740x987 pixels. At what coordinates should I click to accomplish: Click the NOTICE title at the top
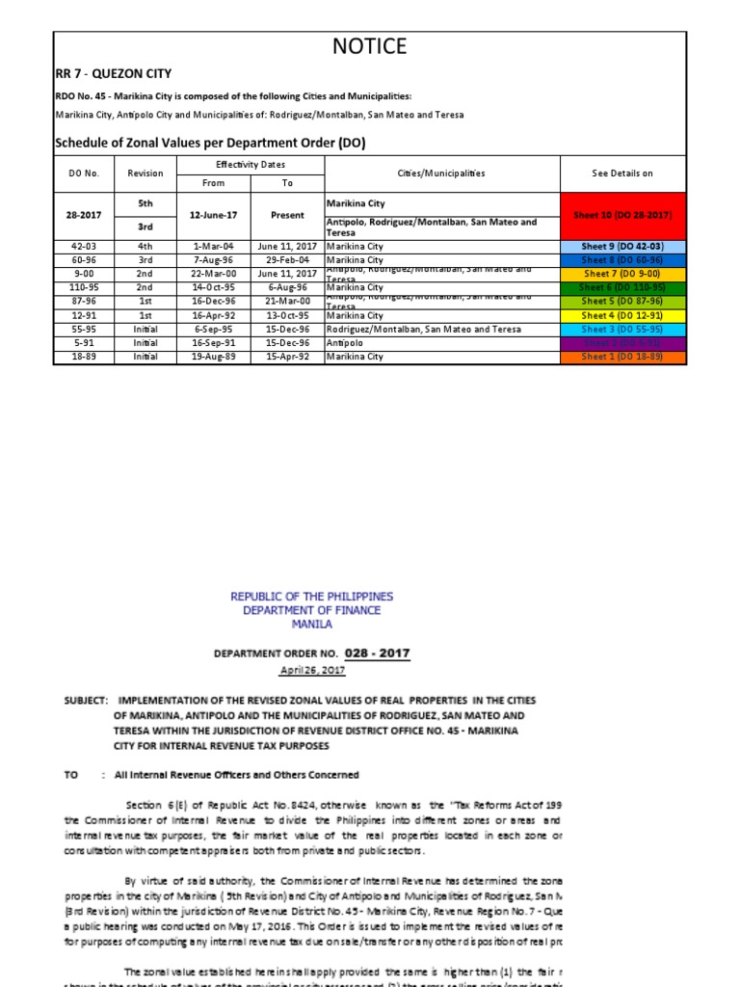(x=370, y=46)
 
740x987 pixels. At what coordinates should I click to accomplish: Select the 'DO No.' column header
(x=84, y=173)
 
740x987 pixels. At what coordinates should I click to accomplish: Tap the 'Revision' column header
(x=145, y=173)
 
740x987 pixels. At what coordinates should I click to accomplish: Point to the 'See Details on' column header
(x=622, y=173)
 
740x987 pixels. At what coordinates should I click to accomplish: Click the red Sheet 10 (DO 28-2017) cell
(x=622, y=215)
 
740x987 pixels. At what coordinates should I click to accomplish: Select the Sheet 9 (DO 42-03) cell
(x=622, y=247)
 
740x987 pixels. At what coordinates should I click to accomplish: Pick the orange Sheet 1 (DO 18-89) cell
(x=622, y=357)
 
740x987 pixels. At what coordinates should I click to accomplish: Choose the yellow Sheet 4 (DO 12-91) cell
(x=622, y=315)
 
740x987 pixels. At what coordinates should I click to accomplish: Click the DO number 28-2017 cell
(x=84, y=216)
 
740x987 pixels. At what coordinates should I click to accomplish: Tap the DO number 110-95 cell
(x=84, y=288)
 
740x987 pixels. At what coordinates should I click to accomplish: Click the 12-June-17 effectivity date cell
(x=213, y=216)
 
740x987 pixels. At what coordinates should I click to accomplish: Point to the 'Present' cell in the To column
(x=287, y=216)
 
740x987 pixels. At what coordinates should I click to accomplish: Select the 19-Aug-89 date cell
(x=213, y=357)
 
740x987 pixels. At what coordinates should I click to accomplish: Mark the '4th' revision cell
(x=145, y=247)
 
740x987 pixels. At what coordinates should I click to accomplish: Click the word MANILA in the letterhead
(x=311, y=624)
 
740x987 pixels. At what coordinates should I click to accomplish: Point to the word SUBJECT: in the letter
(x=89, y=700)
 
